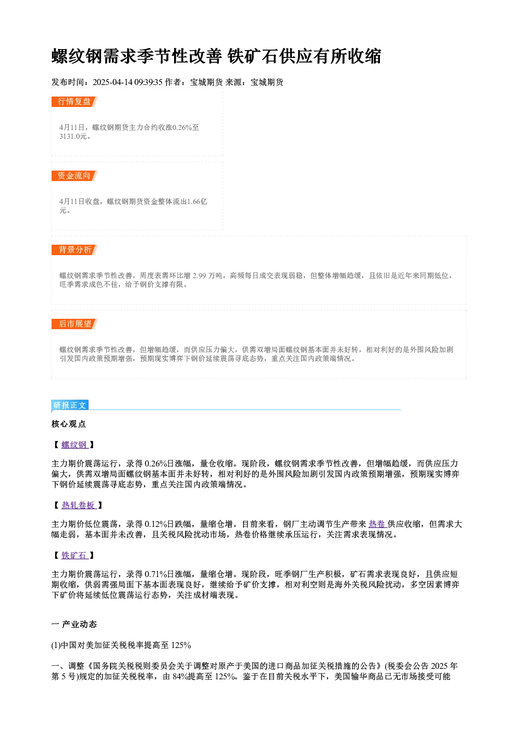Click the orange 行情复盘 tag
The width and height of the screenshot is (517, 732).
coord(75,102)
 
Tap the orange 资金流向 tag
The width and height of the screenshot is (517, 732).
coord(75,176)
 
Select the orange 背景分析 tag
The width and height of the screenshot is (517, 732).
coord(75,250)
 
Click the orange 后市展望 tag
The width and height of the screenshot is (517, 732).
coord(75,324)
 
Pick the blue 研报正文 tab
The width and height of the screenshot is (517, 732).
coord(70,405)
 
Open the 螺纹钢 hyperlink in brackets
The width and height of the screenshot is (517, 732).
coord(75,445)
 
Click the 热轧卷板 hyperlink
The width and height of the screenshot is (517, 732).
coord(79,506)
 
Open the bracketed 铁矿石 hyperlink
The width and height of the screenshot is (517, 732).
coord(75,556)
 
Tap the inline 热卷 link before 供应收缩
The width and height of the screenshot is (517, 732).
coord(377,524)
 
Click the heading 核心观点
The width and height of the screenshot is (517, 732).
coord(69,424)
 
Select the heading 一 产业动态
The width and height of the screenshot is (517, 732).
coord(74,625)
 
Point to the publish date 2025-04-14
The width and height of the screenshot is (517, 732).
coord(113,82)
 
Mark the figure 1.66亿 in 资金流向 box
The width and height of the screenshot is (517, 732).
coord(197,201)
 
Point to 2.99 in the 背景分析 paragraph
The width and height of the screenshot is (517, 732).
coord(199,276)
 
